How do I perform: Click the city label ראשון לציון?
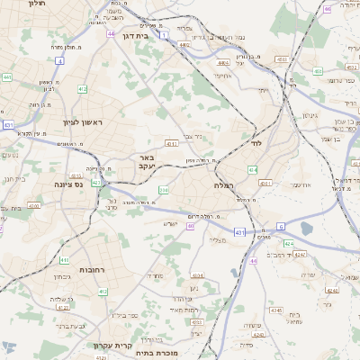pyautogui.click(x=84, y=121)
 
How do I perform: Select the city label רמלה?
pyautogui.click(x=225, y=184)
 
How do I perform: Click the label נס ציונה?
pyautogui.click(x=67, y=184)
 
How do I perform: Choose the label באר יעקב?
pyautogui.click(x=148, y=162)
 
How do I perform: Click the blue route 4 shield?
pyautogui.click(x=59, y=60)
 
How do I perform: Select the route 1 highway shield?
pyautogui.click(x=165, y=36)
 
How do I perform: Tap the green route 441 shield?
pyautogui.click(x=7, y=77)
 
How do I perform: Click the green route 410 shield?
pyautogui.click(x=103, y=292)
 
